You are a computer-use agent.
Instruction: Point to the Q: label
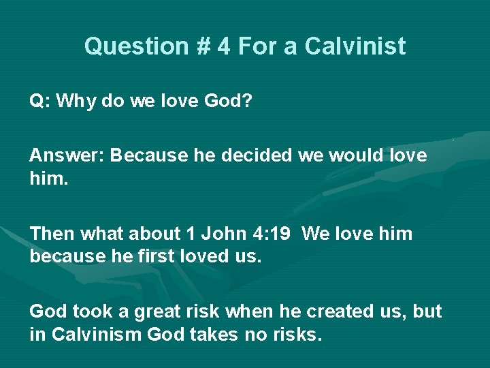[x=39, y=101]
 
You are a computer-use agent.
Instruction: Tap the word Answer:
[x=67, y=156]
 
